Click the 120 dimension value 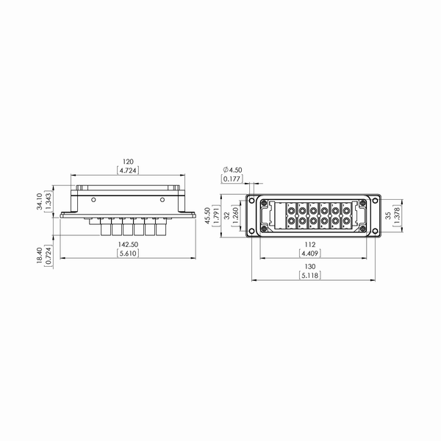coord(128,162)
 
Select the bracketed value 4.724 coord(128,171)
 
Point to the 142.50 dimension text coord(128,245)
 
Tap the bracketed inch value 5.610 coord(128,254)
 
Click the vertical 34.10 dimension coord(40,201)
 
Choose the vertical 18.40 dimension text coord(40,255)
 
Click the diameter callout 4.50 coord(232,170)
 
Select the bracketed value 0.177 coord(232,179)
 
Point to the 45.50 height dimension coord(207,215)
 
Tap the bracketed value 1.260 coord(236,215)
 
